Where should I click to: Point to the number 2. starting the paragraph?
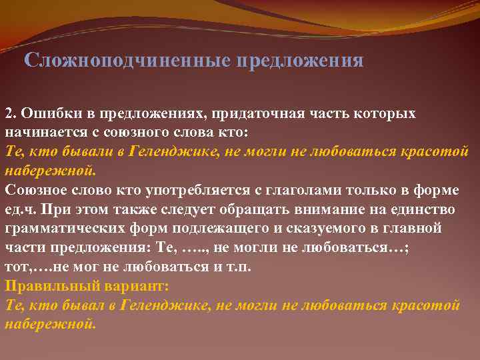pyautogui.click(x=11, y=113)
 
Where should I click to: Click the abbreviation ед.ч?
pyautogui.click(x=21, y=209)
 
